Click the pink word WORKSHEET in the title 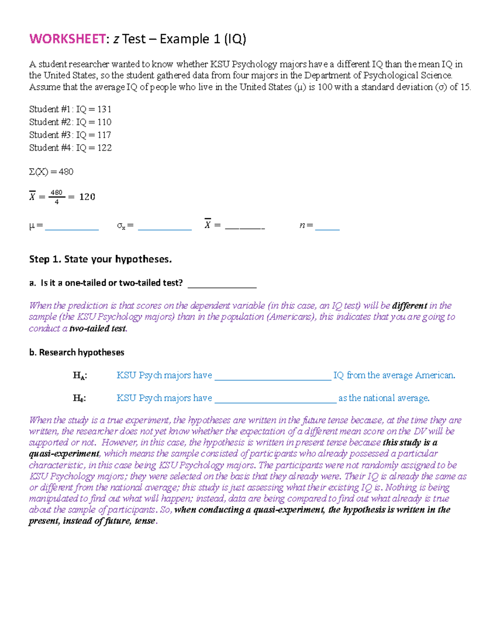[68, 39]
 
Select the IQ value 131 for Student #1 [104, 109]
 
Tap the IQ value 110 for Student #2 [104, 122]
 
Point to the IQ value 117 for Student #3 [104, 135]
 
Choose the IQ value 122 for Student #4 [104, 148]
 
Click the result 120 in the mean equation [87, 197]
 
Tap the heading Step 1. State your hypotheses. [100, 260]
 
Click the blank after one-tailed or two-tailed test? [222, 286]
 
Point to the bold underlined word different [409, 306]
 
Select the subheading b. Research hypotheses [77, 352]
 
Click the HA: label [80, 376]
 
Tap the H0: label [80, 398]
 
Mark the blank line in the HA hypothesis [273, 378]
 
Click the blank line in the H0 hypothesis [275, 401]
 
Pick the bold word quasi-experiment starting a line [64, 454]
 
